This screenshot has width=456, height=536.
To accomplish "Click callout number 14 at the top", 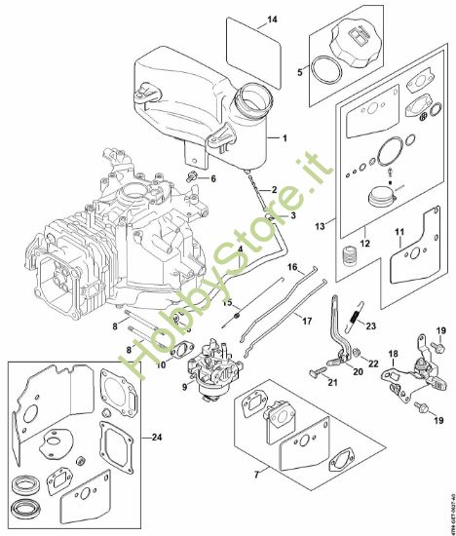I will [x=272, y=19].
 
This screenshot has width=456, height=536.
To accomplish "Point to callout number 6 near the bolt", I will [x=214, y=178].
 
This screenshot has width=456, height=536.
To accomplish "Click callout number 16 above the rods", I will [x=291, y=266].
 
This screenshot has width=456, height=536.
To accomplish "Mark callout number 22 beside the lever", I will [x=374, y=363].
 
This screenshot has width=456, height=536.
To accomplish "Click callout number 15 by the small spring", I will [x=228, y=303].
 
